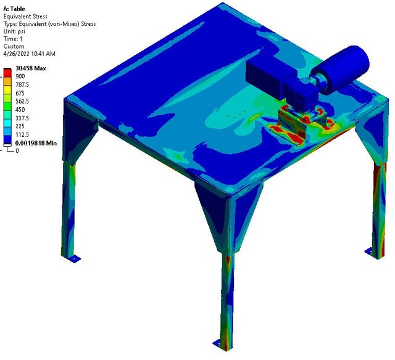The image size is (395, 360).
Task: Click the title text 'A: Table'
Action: coord(14,9)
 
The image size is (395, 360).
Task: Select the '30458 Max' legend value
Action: coord(31,68)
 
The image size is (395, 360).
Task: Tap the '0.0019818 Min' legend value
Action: coord(36,143)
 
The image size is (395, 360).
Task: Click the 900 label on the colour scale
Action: coord(20,76)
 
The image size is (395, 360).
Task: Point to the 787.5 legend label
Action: coord(22,84)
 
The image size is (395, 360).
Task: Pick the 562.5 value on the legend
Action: coord(22,101)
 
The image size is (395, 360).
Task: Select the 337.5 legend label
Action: coord(22,118)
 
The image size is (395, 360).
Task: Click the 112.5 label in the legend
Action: coord(22,134)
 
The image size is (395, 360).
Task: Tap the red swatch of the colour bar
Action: coord(7,73)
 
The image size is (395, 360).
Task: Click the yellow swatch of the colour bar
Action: coord(7,89)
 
